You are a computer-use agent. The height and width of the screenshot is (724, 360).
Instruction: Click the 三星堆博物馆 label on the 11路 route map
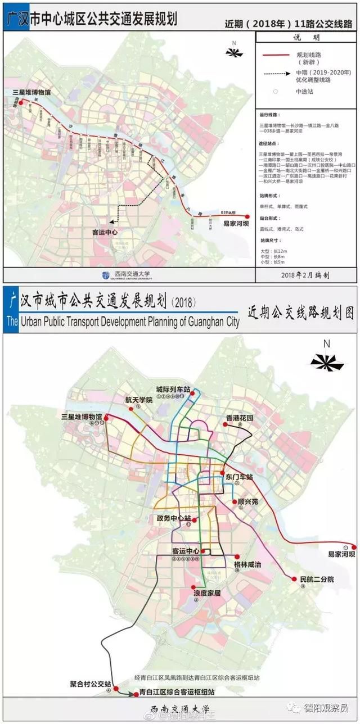pyautogui.click(x=27, y=91)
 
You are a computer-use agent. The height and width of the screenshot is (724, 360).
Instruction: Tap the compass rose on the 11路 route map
pyautogui.click(x=232, y=51)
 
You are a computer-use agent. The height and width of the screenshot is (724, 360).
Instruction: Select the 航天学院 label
pyautogui.click(x=138, y=400)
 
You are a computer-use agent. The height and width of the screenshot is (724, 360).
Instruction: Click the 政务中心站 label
pyautogui.click(x=173, y=518)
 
